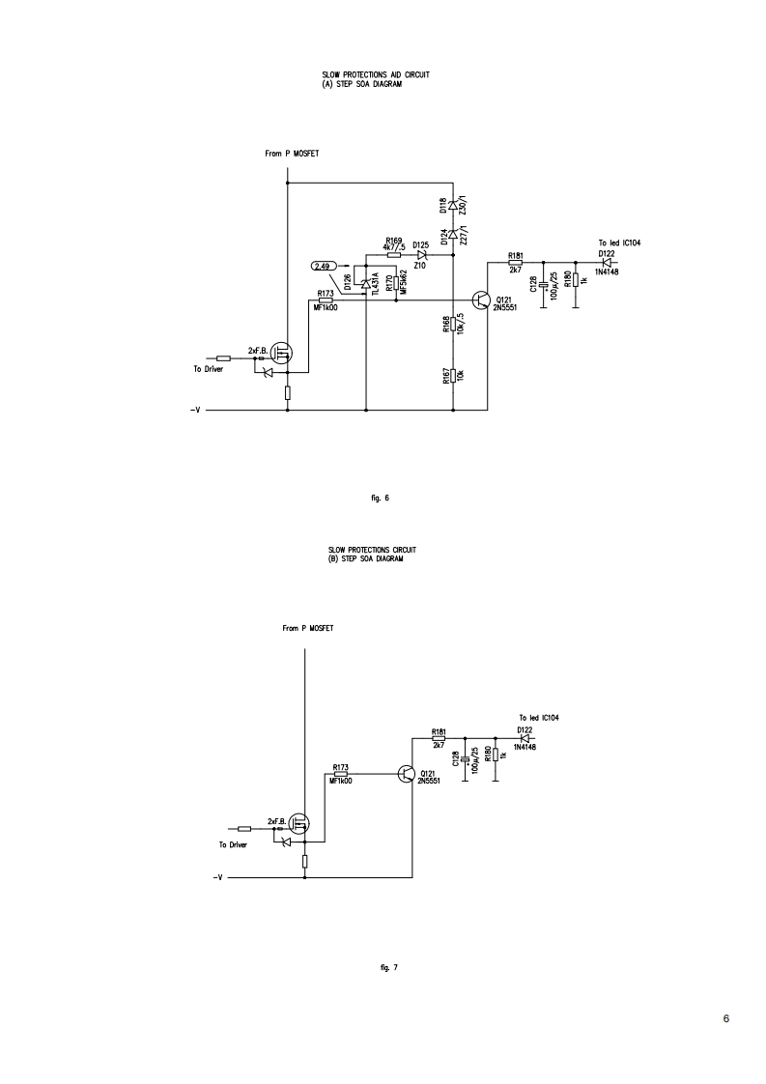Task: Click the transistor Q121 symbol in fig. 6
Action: click(483, 300)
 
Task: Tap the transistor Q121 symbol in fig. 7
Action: click(409, 775)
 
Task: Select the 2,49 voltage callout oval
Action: click(324, 265)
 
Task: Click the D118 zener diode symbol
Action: click(453, 206)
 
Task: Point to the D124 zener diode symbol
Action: click(453, 234)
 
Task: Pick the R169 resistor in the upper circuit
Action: click(393, 255)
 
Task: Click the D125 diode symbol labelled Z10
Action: click(421, 255)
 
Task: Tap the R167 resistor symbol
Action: click(453, 374)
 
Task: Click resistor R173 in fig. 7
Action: click(341, 774)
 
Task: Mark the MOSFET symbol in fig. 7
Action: click(300, 823)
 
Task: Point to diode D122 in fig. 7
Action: click(525, 739)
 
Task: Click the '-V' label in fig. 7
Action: click(218, 878)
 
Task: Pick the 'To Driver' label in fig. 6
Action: click(208, 369)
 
